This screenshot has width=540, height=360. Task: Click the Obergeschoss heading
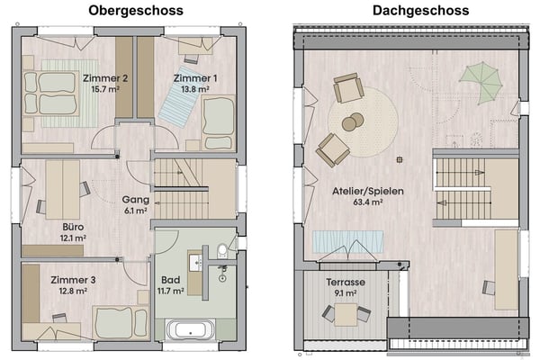point(136,11)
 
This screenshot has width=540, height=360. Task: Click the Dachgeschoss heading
point(406,11)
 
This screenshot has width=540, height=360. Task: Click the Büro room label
point(74,227)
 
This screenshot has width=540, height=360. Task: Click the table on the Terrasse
point(345,313)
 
